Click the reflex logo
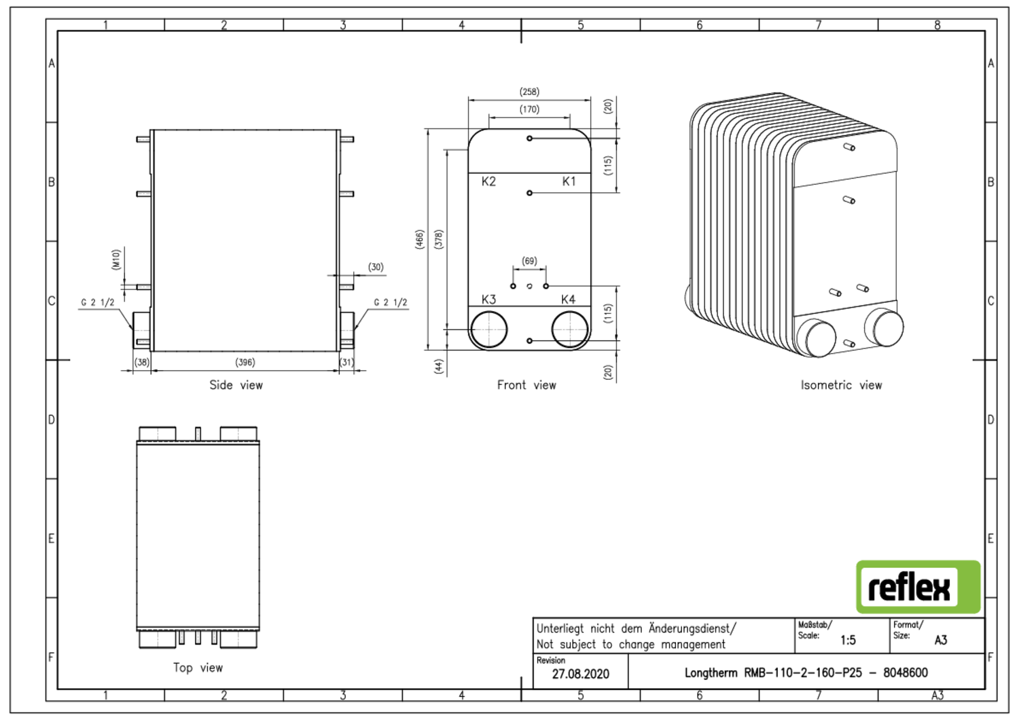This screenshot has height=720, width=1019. pos(918,587)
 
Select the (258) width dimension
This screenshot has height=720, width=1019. pos(529,92)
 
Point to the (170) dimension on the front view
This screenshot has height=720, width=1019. pos(529,109)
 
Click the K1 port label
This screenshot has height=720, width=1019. pos(569,181)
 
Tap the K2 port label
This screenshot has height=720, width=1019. pos(488,181)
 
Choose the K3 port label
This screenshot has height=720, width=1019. pos(488,300)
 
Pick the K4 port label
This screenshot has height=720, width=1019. pos(568,300)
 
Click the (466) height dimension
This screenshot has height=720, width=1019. pos(420,239)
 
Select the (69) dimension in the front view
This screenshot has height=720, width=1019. pos(529,261)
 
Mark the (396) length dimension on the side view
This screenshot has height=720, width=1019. pos(245,362)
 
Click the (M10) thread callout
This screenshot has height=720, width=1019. pos(116,259)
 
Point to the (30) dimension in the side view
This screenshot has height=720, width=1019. pos(376,267)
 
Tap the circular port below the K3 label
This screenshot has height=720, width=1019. pos(488,329)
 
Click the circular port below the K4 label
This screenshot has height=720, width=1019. pos(569,329)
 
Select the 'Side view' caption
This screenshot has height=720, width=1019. pos(236,385)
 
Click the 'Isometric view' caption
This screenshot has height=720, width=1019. pos(841,385)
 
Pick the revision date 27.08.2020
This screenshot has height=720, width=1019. pos(580,674)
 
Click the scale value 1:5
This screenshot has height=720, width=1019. pos(848,640)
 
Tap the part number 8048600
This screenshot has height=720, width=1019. pos(905,672)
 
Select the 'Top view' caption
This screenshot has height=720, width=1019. pos(198,668)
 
